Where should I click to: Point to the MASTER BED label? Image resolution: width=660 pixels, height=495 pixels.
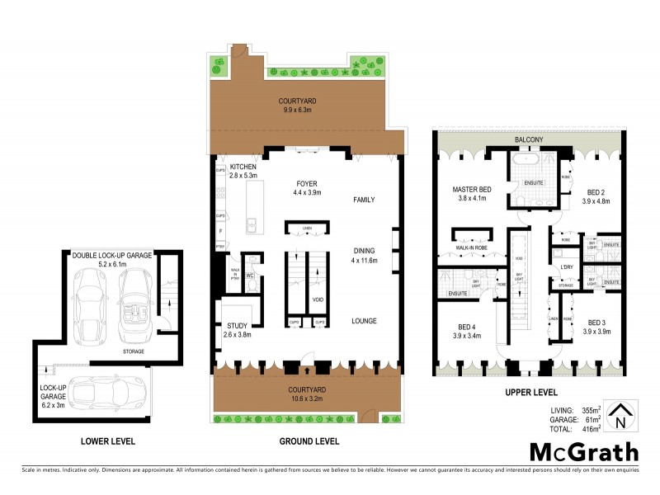click(x=472, y=190)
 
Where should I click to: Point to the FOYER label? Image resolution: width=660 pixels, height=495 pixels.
click(x=307, y=184)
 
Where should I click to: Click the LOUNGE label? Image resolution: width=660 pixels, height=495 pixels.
click(x=364, y=321)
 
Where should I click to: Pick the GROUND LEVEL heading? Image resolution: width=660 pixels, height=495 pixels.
click(x=309, y=441)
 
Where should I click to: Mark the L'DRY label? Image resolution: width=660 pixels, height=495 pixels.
click(x=567, y=267)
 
